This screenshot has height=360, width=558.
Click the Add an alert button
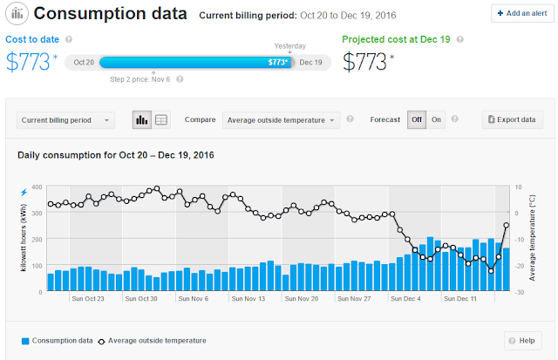click(x=522, y=14)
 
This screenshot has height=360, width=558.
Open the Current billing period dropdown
click(x=65, y=120)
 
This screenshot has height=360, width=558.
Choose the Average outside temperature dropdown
click(x=281, y=120)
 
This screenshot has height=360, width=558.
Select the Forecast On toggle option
click(x=436, y=120)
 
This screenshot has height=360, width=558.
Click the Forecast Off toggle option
click(x=417, y=120)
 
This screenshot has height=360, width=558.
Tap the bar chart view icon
click(x=141, y=120)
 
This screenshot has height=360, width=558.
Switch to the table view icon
click(x=161, y=120)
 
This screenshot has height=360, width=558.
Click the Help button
click(x=523, y=341)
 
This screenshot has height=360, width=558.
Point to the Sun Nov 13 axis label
click(x=248, y=299)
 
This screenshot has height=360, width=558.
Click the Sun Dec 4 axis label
click(x=405, y=299)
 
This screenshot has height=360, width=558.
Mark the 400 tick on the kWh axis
click(x=37, y=187)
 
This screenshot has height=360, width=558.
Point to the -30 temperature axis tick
click(x=520, y=292)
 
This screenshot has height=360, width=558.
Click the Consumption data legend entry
click(x=58, y=341)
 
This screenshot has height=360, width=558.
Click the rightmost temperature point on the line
click(x=506, y=225)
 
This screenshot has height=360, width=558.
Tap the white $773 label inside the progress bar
click(x=277, y=63)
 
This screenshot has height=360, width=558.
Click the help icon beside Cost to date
click(x=69, y=39)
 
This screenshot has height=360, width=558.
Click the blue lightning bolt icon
click(x=24, y=193)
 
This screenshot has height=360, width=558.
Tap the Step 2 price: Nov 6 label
click(x=139, y=79)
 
